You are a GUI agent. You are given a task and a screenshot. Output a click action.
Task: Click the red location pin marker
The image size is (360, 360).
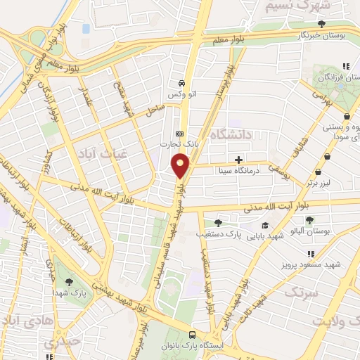pyautogui.click(x=181, y=166)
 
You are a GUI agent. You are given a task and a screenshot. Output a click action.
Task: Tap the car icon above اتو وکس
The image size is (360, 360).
pyautogui.click(x=182, y=81)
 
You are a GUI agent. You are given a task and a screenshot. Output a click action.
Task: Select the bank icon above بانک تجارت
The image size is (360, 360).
pyautogui.click(x=180, y=134)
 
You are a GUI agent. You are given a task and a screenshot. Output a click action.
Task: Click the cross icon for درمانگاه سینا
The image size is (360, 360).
pyautogui.click(x=240, y=160)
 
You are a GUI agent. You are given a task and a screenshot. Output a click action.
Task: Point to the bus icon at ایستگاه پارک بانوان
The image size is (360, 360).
pyautogui.click(x=192, y=335)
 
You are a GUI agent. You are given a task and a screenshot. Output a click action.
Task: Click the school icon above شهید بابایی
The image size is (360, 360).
pyautogui.click(x=265, y=225)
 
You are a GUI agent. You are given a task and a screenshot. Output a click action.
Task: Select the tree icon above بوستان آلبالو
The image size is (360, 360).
pyautogui.click(x=309, y=220)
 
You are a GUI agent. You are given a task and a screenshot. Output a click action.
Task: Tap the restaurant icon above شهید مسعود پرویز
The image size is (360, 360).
pyautogui.click(x=309, y=254)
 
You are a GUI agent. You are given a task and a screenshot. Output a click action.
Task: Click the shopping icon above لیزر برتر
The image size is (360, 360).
pyautogui.click(x=319, y=172)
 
